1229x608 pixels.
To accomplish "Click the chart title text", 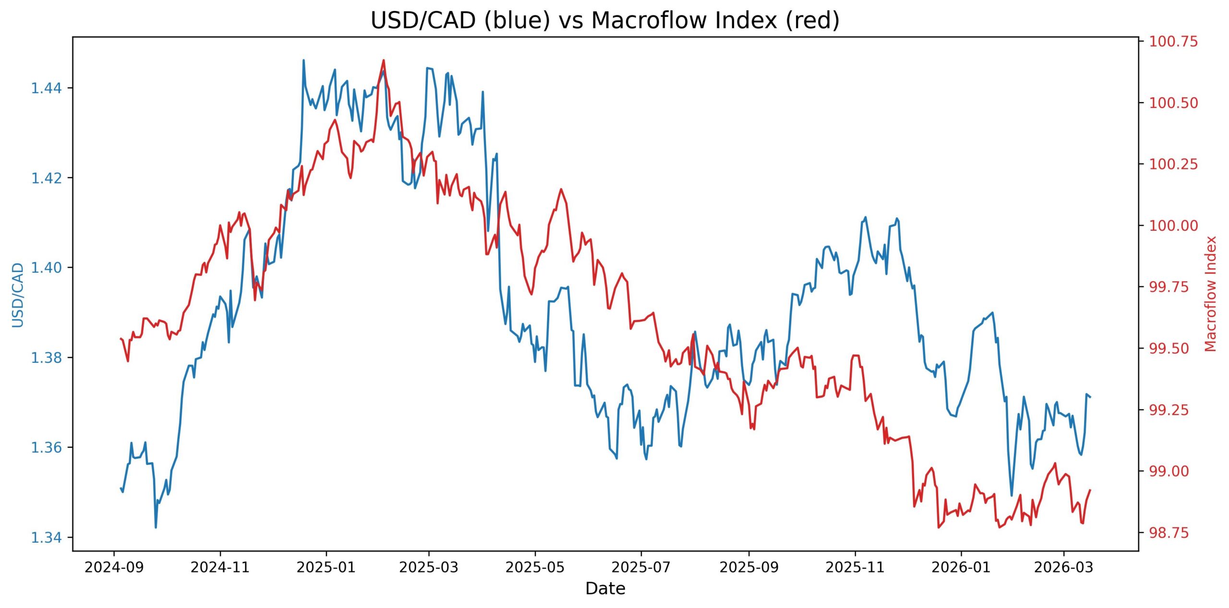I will tap(605, 21).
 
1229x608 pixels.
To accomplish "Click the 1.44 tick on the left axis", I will tap(46, 88).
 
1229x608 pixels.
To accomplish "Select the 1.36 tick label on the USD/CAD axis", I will tap(46, 447).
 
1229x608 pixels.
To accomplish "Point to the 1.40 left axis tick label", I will tap(46, 267).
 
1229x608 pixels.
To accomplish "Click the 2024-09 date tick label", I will tap(114, 568).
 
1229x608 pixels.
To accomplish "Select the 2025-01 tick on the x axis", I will tap(326, 568).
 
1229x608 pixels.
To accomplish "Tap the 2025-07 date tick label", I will tap(641, 568).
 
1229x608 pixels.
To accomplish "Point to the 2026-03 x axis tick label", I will tap(1063, 568).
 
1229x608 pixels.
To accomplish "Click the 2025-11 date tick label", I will tap(855, 568).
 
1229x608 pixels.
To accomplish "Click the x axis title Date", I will tap(605, 588).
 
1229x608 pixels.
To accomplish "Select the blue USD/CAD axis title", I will tap(18, 295).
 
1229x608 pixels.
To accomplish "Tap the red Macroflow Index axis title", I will tap(1211, 294).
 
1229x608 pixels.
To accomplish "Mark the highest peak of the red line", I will tap(383, 60).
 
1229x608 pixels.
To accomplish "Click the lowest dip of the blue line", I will tap(156, 528).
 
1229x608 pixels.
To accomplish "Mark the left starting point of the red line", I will tap(120, 338).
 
